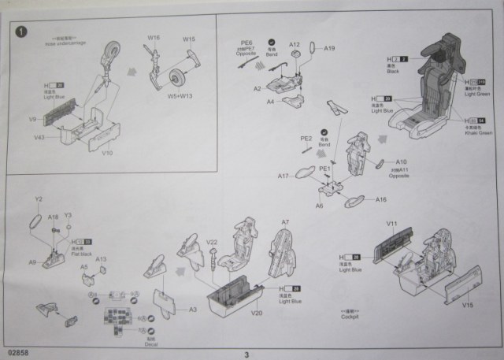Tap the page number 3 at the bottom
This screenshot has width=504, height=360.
pos(246,354)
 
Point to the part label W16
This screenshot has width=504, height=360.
pos(153,37)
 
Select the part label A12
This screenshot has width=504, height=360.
pos(295,45)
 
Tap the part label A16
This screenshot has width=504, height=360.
pos(381,199)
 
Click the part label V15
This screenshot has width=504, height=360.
pos(467,304)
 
